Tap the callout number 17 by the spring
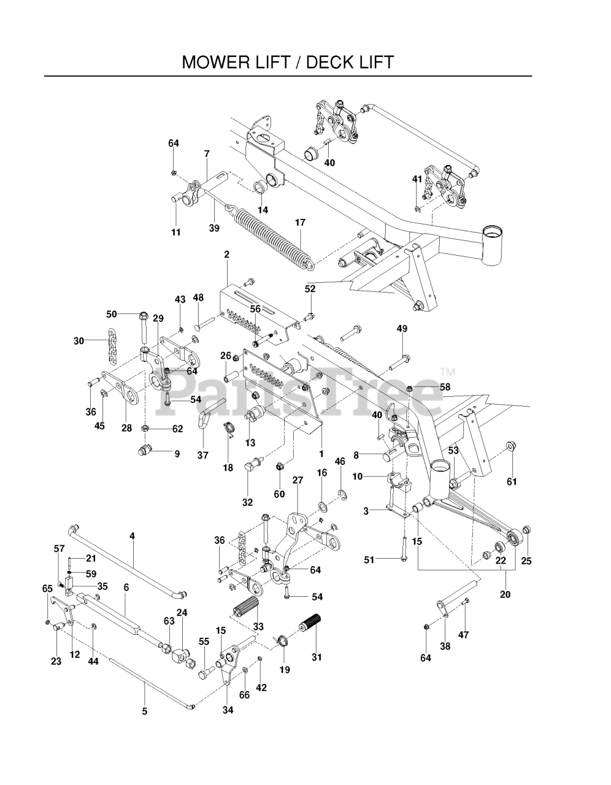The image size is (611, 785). tap(300, 223)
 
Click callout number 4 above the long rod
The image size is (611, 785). tap(132, 536)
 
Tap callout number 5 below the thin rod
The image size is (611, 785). tap(145, 711)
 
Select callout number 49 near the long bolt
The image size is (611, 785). tap(402, 329)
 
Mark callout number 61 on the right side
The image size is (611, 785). tap(512, 481)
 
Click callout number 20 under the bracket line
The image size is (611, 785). tap(505, 594)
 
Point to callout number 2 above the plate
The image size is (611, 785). tap(226, 254)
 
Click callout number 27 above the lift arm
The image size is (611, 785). tap(298, 480)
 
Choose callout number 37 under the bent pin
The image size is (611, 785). tap(203, 455)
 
